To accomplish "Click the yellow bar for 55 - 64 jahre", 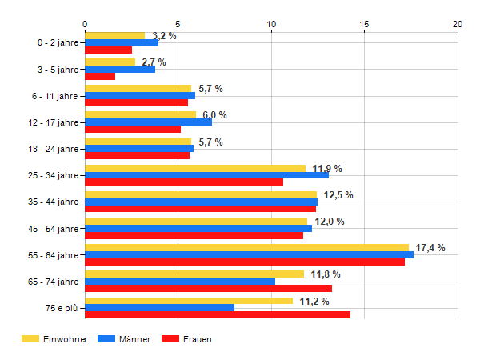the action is tap(247, 248).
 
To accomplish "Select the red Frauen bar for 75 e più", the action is tap(218, 314).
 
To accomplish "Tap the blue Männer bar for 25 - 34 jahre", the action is tap(207, 175).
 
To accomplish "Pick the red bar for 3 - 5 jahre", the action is tap(100, 76).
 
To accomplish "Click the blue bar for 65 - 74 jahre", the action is tap(180, 282).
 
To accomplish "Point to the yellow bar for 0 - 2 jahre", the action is tap(114, 36).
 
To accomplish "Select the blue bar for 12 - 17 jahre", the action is tap(149, 122).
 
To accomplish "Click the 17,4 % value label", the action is tap(430, 248).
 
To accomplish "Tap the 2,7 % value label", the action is tap(154, 62).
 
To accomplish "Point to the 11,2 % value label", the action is tap(314, 302).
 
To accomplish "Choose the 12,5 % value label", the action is tap(338, 195).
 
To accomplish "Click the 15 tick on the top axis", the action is tap(364, 24).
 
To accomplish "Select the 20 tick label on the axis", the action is tap(458, 24).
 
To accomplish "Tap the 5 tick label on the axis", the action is tap(178, 24).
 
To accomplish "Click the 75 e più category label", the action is tap(62, 308).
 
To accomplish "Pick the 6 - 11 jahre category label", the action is tap(54, 96).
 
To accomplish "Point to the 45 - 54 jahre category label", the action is tap(54, 229).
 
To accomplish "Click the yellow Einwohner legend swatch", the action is tap(30, 339).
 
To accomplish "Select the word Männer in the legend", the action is tap(134, 339).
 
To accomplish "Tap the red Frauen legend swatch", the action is tap(170, 339).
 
